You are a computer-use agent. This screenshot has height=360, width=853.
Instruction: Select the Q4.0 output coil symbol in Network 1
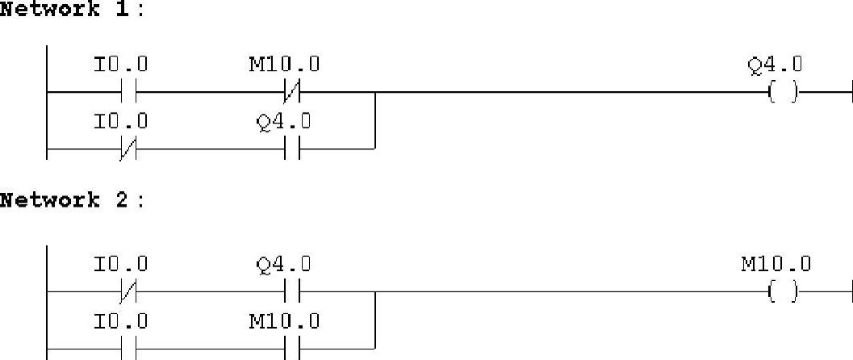pos(782,93)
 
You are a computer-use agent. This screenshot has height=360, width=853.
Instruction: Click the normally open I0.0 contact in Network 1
pos(129,93)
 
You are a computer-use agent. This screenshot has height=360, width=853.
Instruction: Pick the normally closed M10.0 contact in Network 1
pos(291,93)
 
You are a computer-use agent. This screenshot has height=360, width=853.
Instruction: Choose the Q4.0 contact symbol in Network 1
pos(291,149)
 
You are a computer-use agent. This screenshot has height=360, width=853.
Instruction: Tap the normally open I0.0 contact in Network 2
pos(129,349)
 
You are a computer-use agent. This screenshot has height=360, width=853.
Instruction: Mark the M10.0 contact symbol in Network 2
pos(291,349)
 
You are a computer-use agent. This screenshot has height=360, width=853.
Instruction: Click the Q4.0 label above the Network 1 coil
pos(776,65)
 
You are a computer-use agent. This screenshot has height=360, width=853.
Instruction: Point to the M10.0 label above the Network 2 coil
pos(776,264)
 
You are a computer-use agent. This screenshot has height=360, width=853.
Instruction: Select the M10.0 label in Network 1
pos(283,65)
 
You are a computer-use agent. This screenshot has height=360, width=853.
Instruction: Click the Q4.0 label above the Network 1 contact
pos(283,122)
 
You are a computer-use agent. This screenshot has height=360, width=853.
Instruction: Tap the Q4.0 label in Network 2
pos(283,264)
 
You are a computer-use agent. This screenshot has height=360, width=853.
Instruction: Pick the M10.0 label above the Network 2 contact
pos(283,321)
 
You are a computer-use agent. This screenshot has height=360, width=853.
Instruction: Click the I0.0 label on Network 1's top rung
pos(121,65)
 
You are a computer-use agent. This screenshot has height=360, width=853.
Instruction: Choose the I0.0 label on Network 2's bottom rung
pos(121,321)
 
